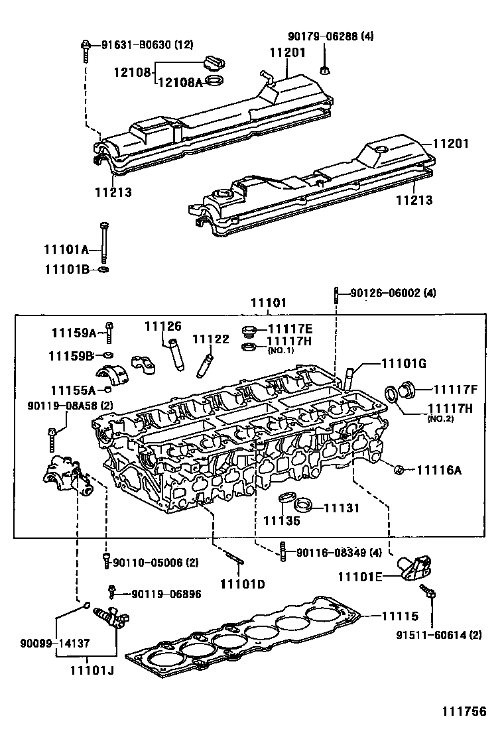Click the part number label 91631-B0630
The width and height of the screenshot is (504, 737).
(137, 45)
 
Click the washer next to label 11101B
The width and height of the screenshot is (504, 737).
(103, 270)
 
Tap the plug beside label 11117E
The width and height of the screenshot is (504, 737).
(249, 331)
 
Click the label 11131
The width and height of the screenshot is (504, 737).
(341, 508)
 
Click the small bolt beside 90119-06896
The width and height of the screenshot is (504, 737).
(113, 589)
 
